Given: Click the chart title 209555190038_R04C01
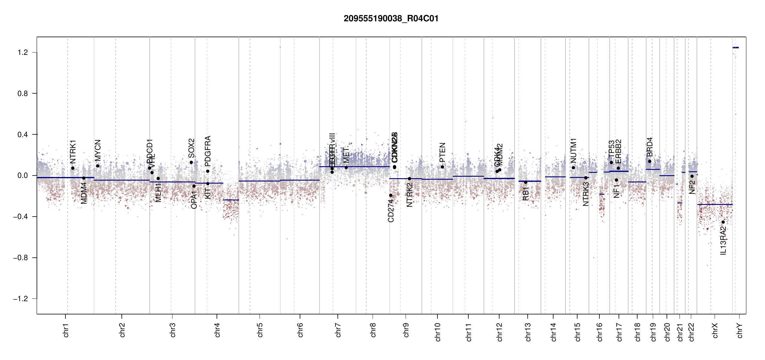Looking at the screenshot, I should pyautogui.click(x=391, y=19).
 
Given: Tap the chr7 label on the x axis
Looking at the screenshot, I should pyautogui.click(x=338, y=330).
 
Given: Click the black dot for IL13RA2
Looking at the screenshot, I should pyautogui.click(x=723, y=222).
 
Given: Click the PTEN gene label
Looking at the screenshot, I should pyautogui.click(x=442, y=152).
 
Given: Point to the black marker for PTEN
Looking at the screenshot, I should pyautogui.click(x=442, y=167).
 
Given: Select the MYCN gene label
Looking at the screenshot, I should pyautogui.click(x=97, y=150).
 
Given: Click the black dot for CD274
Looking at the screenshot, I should pyautogui.click(x=391, y=195).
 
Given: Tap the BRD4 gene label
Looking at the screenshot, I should pyautogui.click(x=649, y=147).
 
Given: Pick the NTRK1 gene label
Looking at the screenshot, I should pyautogui.click(x=73, y=151).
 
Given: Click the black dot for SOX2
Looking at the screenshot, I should pyautogui.click(x=191, y=163).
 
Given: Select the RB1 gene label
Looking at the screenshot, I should pyautogui.click(x=526, y=193).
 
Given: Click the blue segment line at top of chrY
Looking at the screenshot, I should pyautogui.click(x=736, y=47).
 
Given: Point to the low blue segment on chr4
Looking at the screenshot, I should pyautogui.click(x=231, y=200).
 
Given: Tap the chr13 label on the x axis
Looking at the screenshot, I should pyautogui.click(x=528, y=332).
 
